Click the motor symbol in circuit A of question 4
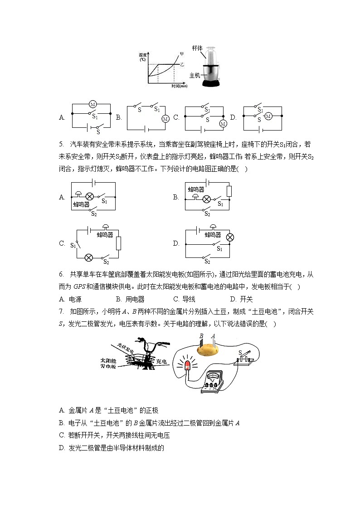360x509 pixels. [92, 104]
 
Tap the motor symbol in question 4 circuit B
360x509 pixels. [165, 119]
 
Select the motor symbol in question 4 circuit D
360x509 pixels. [268, 116]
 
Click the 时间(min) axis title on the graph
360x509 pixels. [180, 86]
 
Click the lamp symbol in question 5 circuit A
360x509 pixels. [90, 197]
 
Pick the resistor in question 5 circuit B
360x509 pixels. [229, 191]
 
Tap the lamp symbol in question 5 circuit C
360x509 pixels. [89, 257]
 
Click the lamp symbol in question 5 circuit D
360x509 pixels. [229, 237]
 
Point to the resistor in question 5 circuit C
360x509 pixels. [118, 243]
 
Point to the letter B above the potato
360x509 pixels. [202, 336]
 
